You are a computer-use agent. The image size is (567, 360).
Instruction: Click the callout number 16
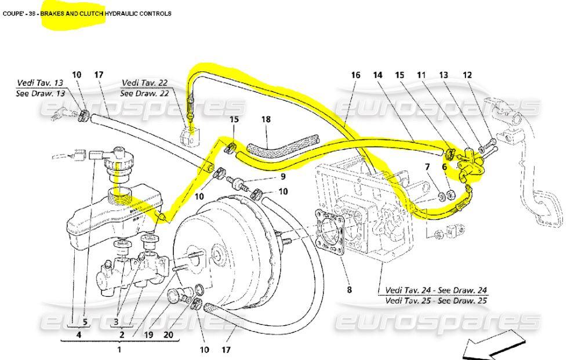click(x=356, y=75)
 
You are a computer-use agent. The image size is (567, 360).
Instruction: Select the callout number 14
click(x=377, y=75)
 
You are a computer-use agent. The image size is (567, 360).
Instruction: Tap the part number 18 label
click(x=266, y=119)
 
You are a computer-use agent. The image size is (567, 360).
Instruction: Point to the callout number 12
click(x=467, y=75)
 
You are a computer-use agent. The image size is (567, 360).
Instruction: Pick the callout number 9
click(x=283, y=176)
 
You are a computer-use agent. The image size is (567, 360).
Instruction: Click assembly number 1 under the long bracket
click(x=119, y=350)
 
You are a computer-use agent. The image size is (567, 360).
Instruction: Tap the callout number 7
click(x=427, y=168)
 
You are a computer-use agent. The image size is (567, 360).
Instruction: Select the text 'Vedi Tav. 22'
click(x=144, y=82)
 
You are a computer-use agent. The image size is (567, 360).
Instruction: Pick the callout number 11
click(x=421, y=75)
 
